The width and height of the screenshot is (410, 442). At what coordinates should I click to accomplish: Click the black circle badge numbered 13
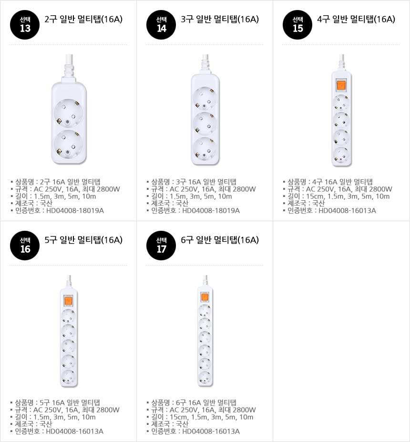(25, 25)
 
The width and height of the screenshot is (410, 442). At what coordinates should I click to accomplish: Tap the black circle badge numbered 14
(161, 25)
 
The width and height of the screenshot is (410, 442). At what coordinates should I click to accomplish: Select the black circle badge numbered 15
(297, 25)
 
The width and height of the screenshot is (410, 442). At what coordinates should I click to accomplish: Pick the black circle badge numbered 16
(25, 246)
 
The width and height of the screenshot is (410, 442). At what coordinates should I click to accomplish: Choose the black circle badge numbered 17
(161, 246)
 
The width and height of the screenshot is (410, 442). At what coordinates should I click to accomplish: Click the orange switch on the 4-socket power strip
(341, 85)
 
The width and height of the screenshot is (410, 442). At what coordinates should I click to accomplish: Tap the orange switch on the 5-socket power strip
(68, 300)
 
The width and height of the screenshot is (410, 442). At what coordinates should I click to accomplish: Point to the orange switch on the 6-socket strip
(205, 297)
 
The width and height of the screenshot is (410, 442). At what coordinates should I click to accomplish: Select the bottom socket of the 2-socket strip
(69, 144)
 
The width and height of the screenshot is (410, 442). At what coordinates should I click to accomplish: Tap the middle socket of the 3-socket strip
(205, 124)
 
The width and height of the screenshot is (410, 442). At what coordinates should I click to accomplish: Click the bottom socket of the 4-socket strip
(341, 155)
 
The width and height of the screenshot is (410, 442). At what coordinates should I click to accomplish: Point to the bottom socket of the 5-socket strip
(68, 377)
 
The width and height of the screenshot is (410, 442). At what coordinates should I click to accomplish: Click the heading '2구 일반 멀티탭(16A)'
(83, 19)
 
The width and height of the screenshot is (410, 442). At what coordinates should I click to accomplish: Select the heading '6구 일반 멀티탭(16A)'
(220, 240)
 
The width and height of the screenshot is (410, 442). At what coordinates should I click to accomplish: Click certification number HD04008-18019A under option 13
(75, 211)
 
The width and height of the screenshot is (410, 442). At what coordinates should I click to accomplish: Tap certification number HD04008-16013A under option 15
(347, 211)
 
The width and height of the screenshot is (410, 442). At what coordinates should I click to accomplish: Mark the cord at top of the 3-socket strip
(205, 64)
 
